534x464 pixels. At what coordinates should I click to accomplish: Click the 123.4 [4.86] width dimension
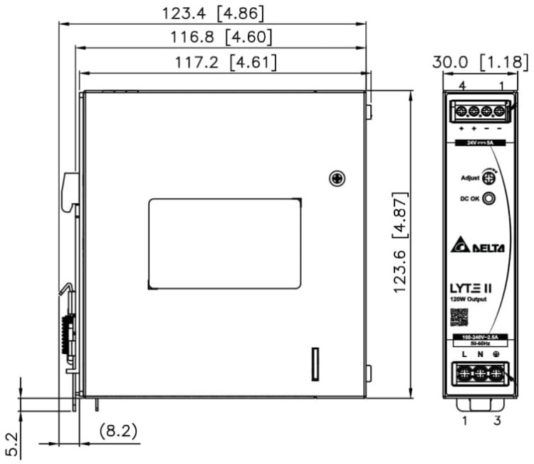pos(211,13)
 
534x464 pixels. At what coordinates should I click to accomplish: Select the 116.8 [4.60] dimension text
pos(211,37)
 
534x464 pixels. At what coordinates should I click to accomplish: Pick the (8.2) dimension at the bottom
pos(117,431)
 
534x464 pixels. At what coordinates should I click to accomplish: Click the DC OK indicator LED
pos(489,199)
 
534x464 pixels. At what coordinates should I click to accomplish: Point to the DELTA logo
pos(478,247)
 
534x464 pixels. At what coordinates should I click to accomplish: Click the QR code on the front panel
pos(459,316)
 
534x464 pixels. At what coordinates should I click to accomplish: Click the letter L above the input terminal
pos(464,354)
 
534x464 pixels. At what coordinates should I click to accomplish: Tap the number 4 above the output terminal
pos(462,86)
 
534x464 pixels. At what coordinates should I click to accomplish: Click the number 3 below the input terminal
pos(497,421)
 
